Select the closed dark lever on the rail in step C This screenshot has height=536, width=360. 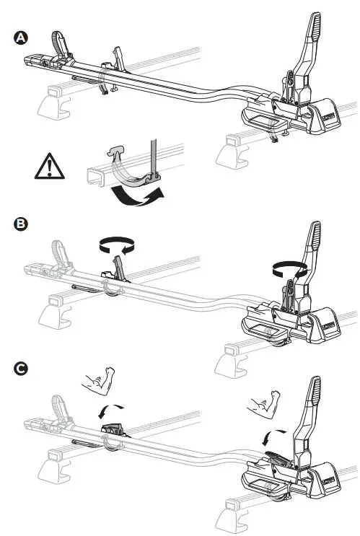113,429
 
